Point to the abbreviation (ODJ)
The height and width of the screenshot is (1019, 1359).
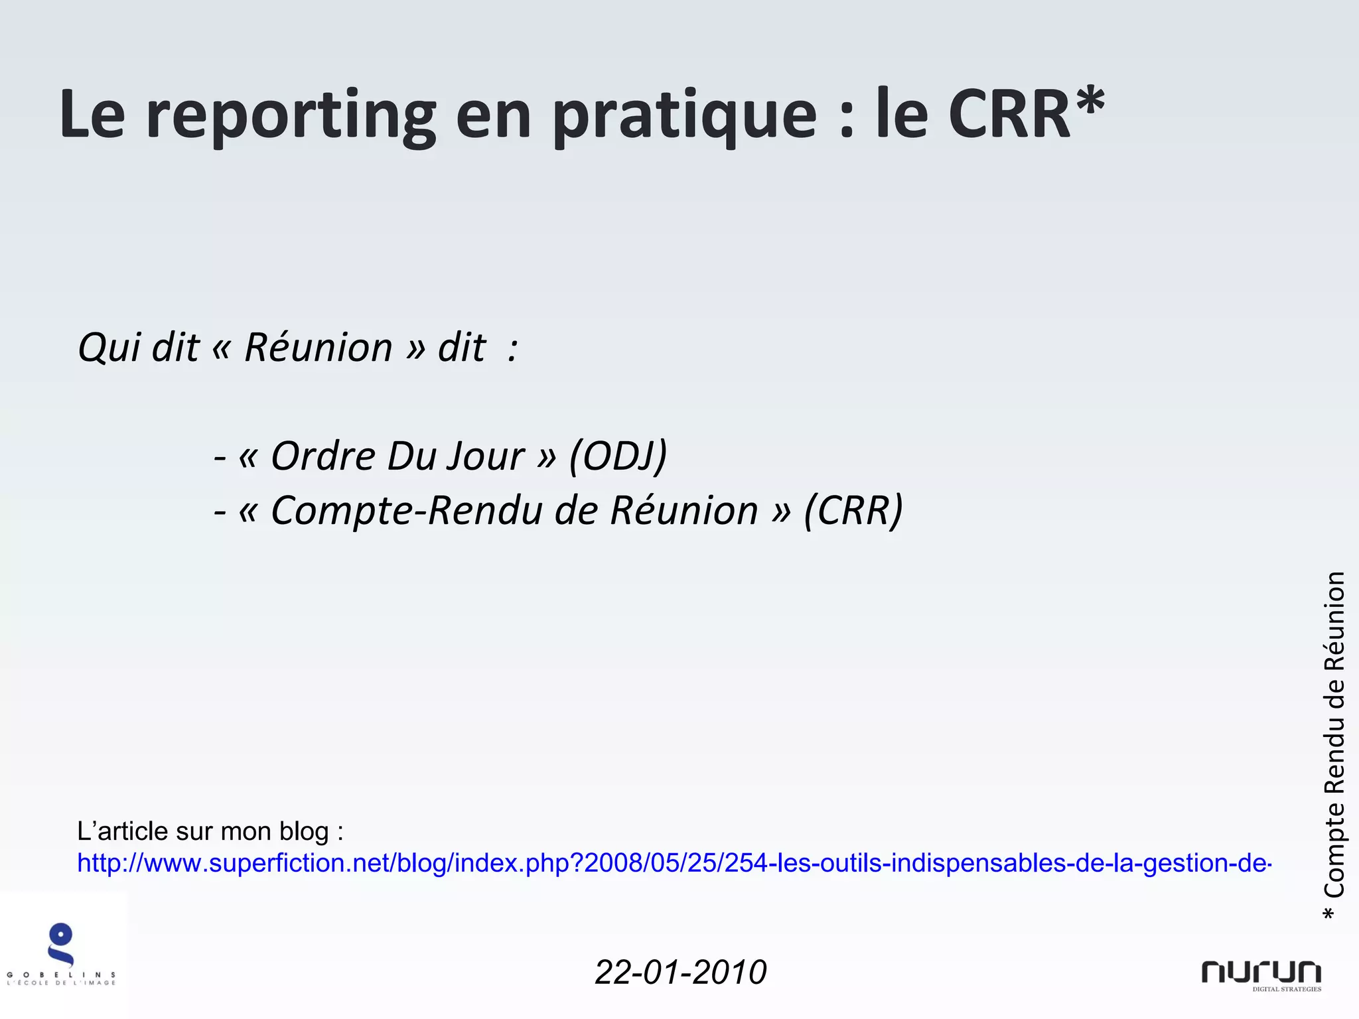pos(618,456)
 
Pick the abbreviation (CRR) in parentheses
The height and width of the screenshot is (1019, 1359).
pos(853,510)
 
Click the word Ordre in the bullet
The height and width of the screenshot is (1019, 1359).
pos(323,456)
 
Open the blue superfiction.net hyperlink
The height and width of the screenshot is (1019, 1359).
pos(674,863)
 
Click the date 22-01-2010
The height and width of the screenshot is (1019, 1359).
pos(681,973)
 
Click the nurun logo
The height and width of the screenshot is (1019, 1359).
pos(1261,972)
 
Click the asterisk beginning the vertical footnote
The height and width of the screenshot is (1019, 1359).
pos(1329,914)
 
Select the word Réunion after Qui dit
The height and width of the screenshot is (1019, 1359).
pos(319,347)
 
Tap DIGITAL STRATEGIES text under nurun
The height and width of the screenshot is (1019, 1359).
pos(1287,989)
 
